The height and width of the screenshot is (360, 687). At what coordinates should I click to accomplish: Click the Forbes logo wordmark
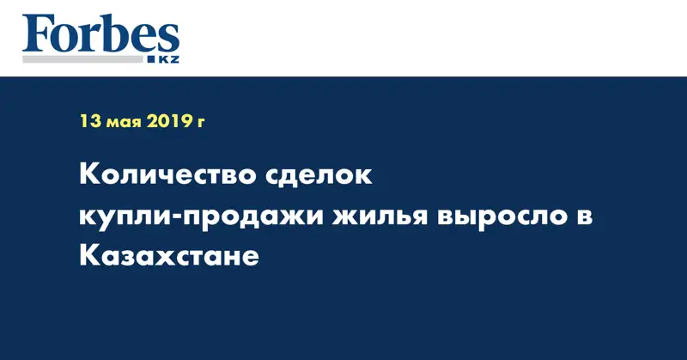tap(100, 34)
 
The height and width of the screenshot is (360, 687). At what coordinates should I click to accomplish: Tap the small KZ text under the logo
tap(168, 59)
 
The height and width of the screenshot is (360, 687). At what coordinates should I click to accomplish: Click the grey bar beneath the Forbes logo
tap(82, 59)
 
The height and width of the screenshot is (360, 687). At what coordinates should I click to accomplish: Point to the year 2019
tap(169, 121)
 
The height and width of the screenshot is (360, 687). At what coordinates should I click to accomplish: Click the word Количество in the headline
tap(167, 174)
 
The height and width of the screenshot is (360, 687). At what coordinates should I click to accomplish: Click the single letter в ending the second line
tap(585, 217)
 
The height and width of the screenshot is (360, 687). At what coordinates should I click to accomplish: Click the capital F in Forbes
tap(37, 34)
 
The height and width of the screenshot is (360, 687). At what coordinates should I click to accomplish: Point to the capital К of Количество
tap(89, 174)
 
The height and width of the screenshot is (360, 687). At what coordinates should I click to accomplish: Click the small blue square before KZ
tap(152, 59)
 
